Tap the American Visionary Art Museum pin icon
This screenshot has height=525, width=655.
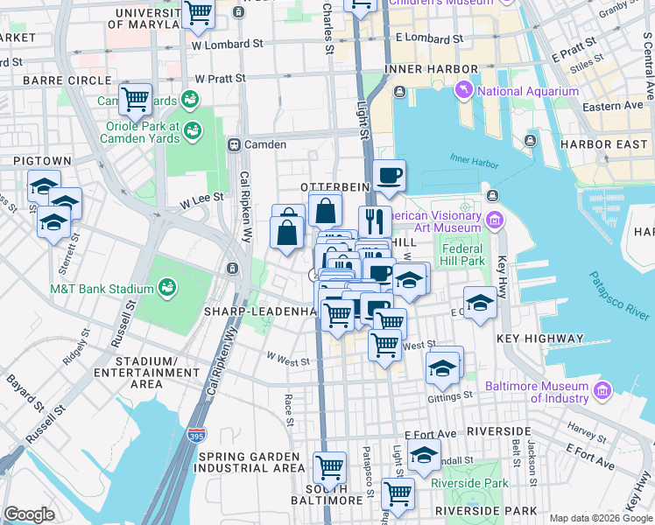497,218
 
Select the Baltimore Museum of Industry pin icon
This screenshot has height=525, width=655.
602,390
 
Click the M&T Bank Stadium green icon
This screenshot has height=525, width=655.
166,287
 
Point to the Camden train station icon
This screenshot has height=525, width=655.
234,144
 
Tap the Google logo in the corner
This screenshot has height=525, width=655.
29,514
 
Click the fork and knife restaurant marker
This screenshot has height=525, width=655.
372,220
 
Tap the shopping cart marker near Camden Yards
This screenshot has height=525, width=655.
135,99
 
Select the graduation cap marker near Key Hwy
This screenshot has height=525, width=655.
479,302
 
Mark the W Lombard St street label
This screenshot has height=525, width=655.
227,43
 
